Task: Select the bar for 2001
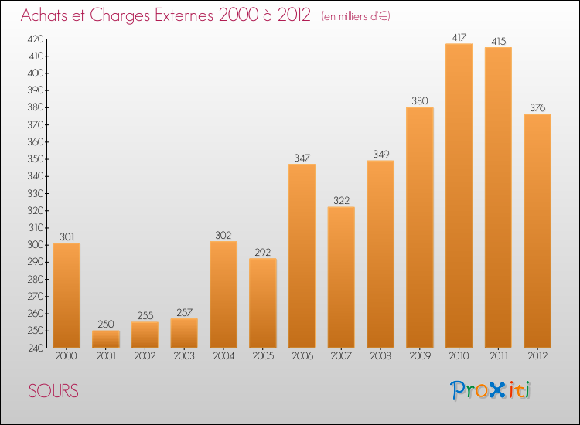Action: tap(106, 338)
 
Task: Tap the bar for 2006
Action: tap(302, 255)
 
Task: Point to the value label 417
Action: tap(459, 37)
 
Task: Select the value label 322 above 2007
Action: tap(341, 200)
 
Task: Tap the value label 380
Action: tap(419, 100)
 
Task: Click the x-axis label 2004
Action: tap(223, 355)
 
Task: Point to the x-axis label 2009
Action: tap(419, 355)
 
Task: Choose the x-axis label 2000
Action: tap(67, 355)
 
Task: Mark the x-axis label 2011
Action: tap(498, 355)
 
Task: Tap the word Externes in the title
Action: tap(179, 16)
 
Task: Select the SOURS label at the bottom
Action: tap(53, 391)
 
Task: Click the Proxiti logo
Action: tap(490, 390)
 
